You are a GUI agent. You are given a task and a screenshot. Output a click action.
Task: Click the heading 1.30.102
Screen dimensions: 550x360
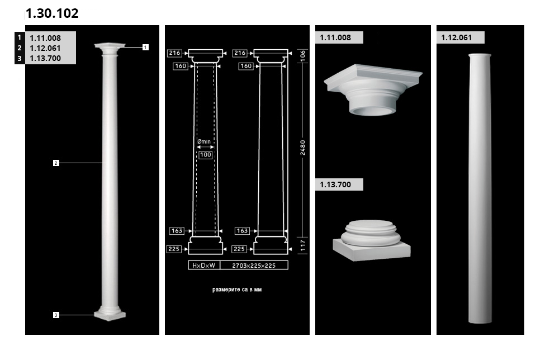52,13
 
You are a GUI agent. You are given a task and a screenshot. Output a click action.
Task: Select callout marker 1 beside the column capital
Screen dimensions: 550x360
145,47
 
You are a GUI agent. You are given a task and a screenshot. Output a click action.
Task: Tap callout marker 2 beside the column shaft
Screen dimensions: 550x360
56,163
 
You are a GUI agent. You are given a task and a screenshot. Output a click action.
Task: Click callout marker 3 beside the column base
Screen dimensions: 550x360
56,315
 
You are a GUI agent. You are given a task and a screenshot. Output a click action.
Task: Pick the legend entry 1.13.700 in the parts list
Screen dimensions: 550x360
45,58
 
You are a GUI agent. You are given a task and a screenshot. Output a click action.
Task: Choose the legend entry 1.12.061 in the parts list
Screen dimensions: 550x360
45,48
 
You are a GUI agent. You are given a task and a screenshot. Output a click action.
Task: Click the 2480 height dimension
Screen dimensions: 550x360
303,148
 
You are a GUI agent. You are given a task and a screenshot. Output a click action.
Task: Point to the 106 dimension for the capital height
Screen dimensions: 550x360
303,55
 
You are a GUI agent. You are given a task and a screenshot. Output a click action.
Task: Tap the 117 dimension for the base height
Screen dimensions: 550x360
303,245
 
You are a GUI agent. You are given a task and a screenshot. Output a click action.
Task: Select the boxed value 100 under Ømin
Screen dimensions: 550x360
206,155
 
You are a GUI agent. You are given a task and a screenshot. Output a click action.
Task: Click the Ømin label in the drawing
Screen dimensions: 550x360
204,142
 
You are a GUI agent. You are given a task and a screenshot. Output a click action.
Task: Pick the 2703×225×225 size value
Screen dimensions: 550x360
254,266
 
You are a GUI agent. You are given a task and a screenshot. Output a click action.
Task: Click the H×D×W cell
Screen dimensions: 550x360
204,266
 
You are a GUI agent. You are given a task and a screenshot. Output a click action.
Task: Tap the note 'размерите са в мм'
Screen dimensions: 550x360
237,290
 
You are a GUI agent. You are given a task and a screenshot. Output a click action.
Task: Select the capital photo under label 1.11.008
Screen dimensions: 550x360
373,89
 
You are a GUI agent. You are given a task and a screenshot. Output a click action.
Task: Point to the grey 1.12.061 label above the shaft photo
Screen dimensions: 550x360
460,37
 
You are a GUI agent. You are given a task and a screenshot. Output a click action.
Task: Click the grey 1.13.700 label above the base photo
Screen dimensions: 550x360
339,184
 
